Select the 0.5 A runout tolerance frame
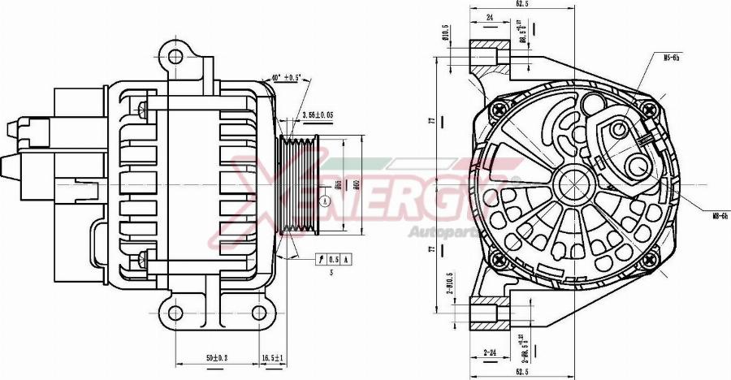pyautogui.click(x=335, y=258)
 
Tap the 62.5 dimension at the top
pyautogui.click(x=523, y=4)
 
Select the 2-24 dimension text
pyautogui.click(x=489, y=352)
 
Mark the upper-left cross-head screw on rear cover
pyautogui.click(x=499, y=108)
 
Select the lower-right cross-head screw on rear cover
pyautogui.click(x=647, y=260)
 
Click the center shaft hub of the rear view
pyautogui.click(x=573, y=184)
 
